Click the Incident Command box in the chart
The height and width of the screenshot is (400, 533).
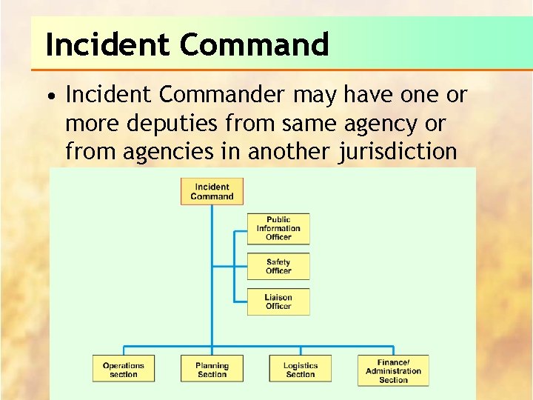tap(212, 192)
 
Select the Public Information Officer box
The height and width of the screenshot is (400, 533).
tap(278, 228)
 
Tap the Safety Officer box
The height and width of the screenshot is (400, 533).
tap(278, 266)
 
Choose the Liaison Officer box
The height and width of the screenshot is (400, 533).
tap(278, 301)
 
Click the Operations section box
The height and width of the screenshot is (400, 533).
tap(124, 370)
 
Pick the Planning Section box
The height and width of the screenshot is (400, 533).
tap(212, 370)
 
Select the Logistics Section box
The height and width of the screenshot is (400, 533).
tap(300, 370)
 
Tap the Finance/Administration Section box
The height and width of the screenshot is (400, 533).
tap(393, 371)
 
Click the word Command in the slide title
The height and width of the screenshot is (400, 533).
tap(254, 45)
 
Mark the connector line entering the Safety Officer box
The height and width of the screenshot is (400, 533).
tap(241, 266)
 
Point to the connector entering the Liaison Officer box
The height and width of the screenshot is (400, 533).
tap(241, 301)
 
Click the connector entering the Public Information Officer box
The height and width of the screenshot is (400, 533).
tap(241, 230)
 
